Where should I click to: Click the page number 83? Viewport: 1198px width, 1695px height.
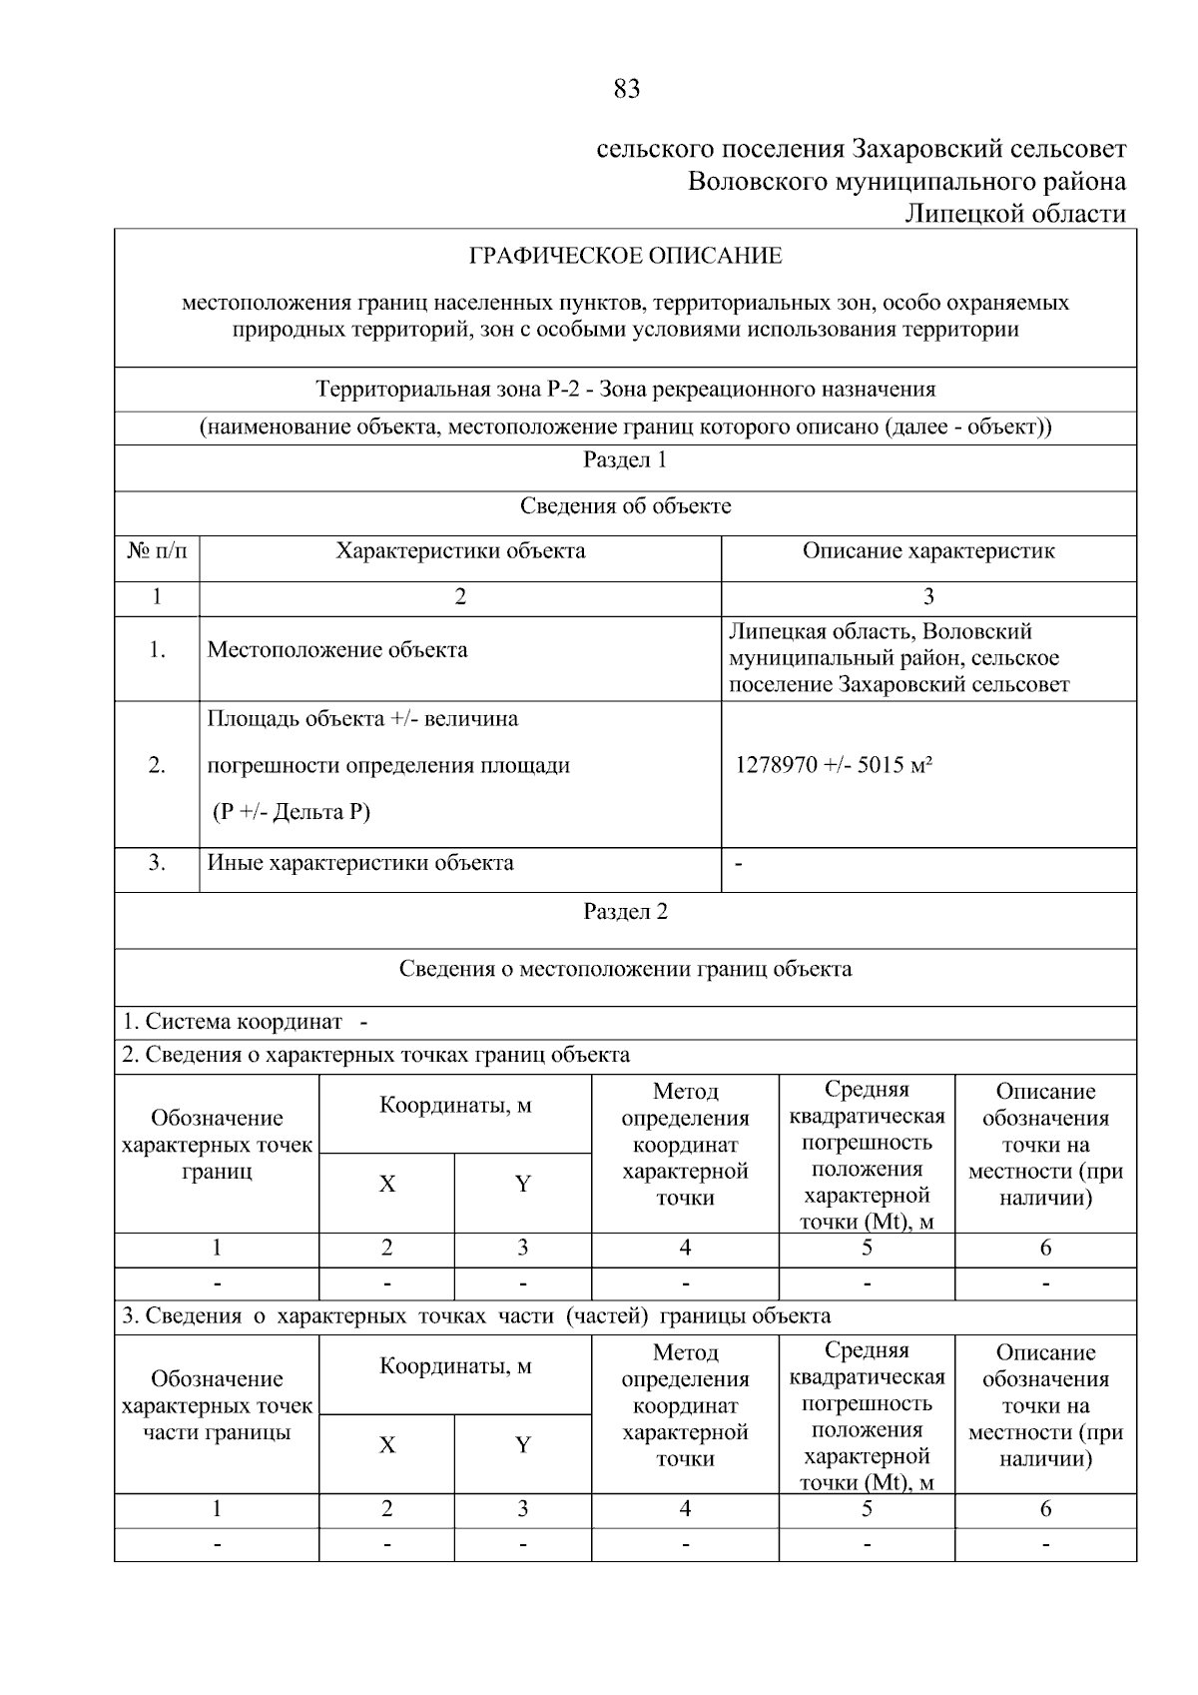tap(626, 90)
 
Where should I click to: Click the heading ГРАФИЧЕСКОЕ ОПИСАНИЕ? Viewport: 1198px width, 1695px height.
tap(626, 256)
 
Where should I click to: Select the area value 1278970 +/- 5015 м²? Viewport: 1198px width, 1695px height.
tap(834, 766)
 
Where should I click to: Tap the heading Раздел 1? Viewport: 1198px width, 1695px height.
tap(625, 460)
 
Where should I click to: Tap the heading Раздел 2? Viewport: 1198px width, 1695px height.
tap(625, 912)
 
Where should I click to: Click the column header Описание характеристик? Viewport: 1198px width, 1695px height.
tap(928, 551)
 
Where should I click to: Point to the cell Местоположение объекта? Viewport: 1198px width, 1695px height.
tap(337, 650)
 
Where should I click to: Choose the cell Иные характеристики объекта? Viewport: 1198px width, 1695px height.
tap(360, 863)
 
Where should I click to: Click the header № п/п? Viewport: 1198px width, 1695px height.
tap(157, 551)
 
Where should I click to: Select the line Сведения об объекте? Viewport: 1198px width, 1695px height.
tap(625, 506)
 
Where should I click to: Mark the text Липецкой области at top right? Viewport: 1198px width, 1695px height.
tap(1014, 214)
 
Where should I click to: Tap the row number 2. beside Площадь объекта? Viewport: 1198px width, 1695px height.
tap(157, 766)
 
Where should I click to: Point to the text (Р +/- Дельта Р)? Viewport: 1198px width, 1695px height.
tap(291, 812)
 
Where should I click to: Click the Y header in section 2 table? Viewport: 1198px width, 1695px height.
tap(522, 1185)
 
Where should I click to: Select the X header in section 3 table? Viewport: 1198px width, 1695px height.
tap(386, 1445)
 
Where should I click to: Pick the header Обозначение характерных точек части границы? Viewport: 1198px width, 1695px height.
tap(217, 1405)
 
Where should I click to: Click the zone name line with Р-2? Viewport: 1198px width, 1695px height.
tap(625, 390)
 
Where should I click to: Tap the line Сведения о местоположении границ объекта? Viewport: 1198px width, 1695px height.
tap(625, 969)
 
